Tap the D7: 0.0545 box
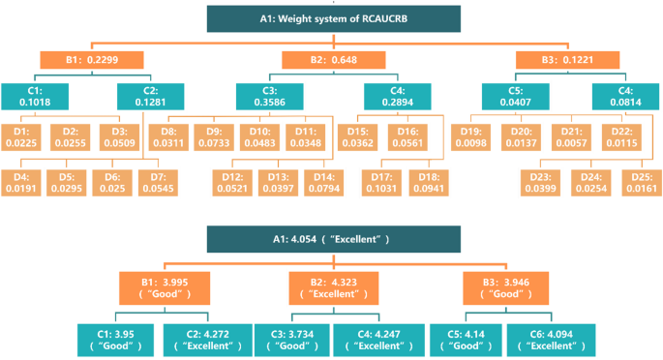click(x=158, y=181)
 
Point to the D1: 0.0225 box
click(x=23, y=136)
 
